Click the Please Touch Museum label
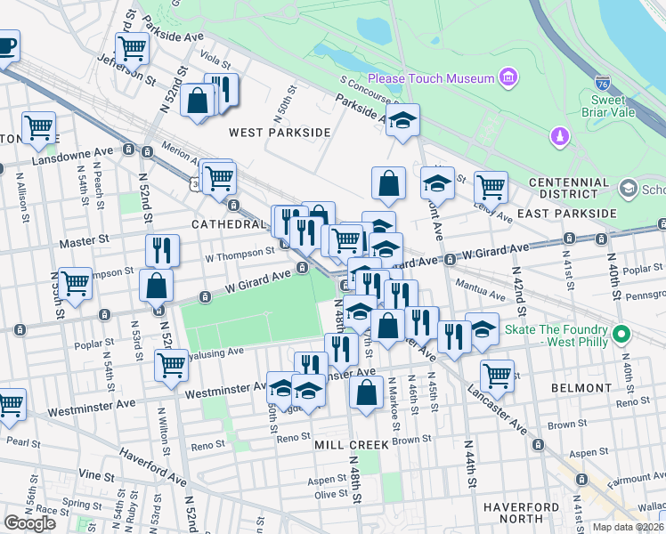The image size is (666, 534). click(431, 78)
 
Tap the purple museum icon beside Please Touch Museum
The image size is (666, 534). click(508, 78)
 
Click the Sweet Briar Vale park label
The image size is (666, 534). click(611, 105)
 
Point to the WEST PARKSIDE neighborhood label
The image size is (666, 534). click(267, 133)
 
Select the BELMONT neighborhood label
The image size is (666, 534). click(581, 388)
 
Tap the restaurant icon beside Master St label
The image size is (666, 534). click(162, 250)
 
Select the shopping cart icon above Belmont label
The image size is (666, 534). click(496, 374)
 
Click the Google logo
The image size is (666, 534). click(29, 523)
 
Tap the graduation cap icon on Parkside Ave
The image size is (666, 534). click(403, 121)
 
